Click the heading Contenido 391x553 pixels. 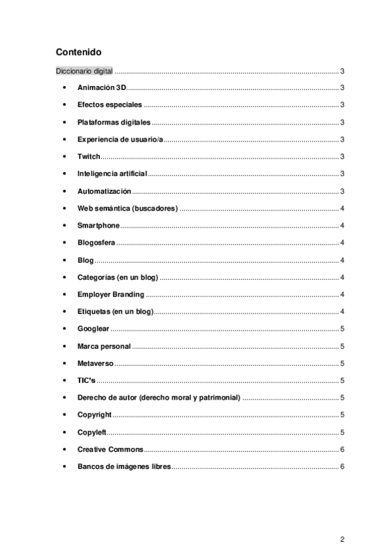coord(78,52)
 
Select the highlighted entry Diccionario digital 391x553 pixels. coord(84,70)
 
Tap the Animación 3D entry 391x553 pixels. coord(101,87)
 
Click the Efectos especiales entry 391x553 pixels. coord(109,105)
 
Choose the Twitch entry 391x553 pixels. coord(89,157)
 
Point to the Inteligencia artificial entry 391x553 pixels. coord(112,173)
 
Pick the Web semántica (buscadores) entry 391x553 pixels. coord(127,208)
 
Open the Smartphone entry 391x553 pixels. coord(99,226)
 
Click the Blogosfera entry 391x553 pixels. coord(97,243)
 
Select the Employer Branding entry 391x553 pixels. coord(110,294)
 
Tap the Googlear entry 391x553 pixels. coord(93,329)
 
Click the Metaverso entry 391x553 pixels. coord(95,363)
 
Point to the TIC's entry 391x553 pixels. coord(86,380)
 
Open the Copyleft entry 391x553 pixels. coord(91,432)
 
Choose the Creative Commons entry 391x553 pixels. coord(110,449)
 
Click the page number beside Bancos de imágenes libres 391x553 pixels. coord(342,467)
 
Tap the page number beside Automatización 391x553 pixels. coord(342,191)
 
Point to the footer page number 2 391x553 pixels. coord(341,539)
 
